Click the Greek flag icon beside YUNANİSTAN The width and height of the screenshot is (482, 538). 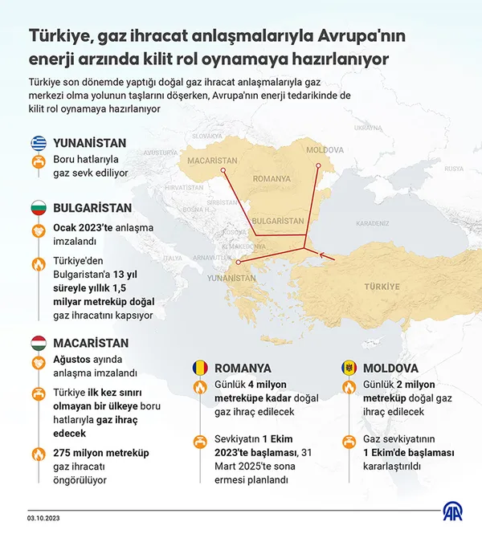(38, 143)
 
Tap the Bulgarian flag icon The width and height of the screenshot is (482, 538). (38, 206)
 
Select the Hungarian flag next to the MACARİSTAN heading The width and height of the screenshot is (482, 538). (38, 343)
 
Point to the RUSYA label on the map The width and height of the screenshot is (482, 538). (454, 169)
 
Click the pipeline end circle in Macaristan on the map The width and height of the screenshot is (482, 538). (224, 170)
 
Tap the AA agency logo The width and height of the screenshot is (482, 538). (453, 511)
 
